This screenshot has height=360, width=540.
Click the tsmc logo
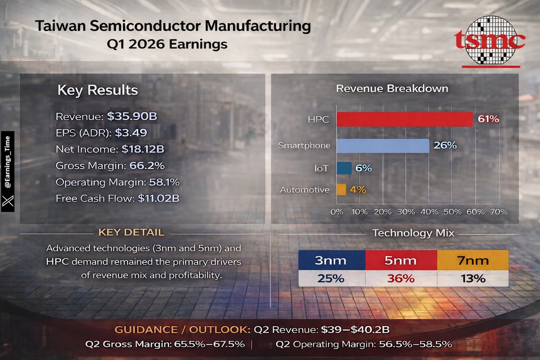pyautogui.click(x=490, y=40)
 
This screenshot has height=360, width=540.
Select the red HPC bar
pyautogui.click(x=405, y=119)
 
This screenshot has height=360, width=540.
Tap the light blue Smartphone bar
pyautogui.click(x=383, y=145)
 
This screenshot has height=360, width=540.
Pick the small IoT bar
pyautogui.click(x=344, y=168)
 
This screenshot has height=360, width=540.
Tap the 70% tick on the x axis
pyautogui.click(x=499, y=211)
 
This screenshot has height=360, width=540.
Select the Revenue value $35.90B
pyautogui.click(x=132, y=117)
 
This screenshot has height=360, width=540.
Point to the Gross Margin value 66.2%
pyautogui.click(x=147, y=166)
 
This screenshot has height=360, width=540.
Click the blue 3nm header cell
pyautogui.click(x=332, y=261)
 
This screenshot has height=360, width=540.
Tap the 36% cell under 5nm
pyautogui.click(x=401, y=279)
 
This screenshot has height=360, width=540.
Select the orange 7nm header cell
pyautogui.click(x=472, y=261)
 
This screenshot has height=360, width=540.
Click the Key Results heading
pyautogui.click(x=98, y=90)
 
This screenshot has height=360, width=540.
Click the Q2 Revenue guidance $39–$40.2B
pyautogui.click(x=355, y=330)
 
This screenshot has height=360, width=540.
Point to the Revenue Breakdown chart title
pyautogui.click(x=392, y=88)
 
